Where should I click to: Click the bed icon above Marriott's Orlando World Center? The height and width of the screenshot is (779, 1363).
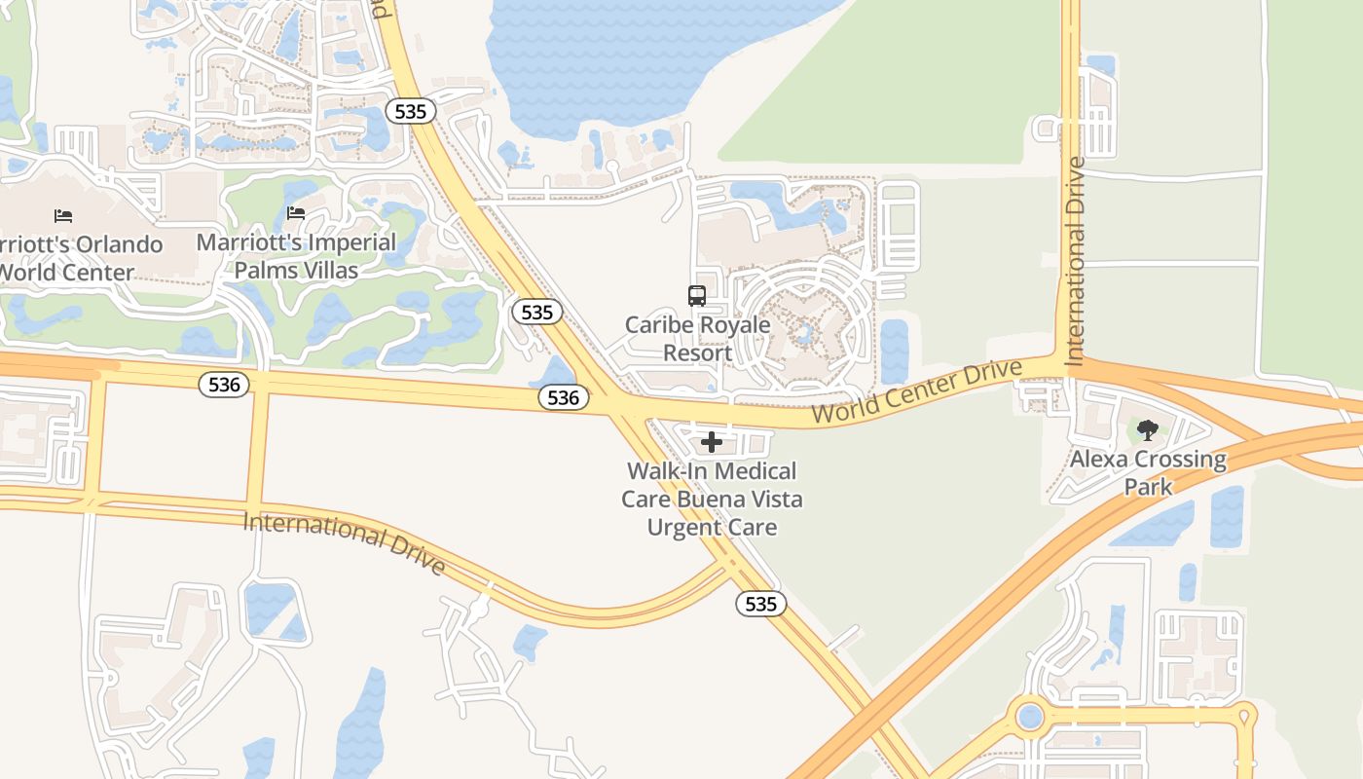click(x=63, y=215)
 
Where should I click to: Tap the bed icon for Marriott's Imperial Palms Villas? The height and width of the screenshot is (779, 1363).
click(x=296, y=213)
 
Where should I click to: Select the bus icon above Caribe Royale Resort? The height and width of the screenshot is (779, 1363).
click(x=697, y=296)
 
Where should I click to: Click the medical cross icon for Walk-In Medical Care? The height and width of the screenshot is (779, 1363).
click(x=712, y=442)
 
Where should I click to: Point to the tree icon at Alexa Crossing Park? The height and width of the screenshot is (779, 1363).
click(x=1148, y=429)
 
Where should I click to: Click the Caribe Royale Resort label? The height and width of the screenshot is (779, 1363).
click(x=697, y=338)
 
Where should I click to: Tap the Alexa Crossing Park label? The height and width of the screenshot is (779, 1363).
click(x=1148, y=472)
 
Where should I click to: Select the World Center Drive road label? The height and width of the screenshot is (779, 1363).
click(x=917, y=391)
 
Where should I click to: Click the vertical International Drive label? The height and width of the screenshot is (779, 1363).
click(x=1075, y=261)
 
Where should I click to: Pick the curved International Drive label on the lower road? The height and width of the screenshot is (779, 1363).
click(x=345, y=541)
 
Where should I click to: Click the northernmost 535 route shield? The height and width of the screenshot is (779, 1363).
click(x=411, y=111)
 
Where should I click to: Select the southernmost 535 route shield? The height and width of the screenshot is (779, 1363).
click(x=760, y=604)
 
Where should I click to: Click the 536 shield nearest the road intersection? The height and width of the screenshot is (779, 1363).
click(x=563, y=397)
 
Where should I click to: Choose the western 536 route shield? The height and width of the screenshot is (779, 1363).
click(x=224, y=385)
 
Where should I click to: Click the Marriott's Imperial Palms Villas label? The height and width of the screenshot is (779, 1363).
click(x=296, y=256)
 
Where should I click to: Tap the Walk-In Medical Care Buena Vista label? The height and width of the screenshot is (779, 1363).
click(x=712, y=499)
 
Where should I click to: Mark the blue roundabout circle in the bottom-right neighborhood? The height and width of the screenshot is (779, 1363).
click(x=1029, y=719)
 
